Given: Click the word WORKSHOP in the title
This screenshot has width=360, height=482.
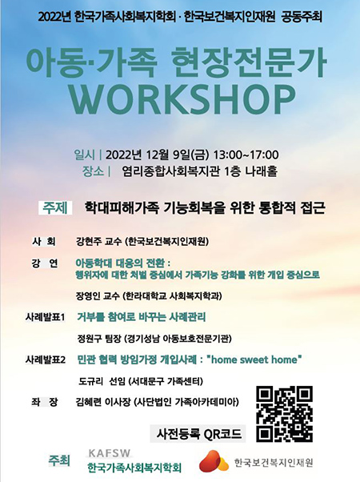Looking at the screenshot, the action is pos(182,99).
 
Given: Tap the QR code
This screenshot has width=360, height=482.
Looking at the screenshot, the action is pos(285,414).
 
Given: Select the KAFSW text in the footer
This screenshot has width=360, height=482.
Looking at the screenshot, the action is pos(110,453).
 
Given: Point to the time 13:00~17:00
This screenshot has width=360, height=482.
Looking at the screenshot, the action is pos(246,155).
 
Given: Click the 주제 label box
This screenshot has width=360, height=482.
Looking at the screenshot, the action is pos(55,208).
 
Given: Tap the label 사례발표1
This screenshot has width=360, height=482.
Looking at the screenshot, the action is pos(45,317).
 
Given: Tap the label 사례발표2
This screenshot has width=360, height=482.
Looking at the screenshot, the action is pos(46,359).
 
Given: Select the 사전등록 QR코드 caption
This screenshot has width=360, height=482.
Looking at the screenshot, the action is pos(198,434).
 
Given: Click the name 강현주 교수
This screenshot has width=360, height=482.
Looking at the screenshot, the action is pos(98,242).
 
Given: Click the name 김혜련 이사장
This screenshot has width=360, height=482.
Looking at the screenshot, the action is pos(103,402).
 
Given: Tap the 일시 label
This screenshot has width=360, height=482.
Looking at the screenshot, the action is pos(85,155).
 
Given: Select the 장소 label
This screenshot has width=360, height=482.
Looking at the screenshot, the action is pos(93,171).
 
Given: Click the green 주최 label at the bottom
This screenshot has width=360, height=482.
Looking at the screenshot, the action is pos(59,460).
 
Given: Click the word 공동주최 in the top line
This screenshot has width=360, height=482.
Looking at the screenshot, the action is pos(302,17).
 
